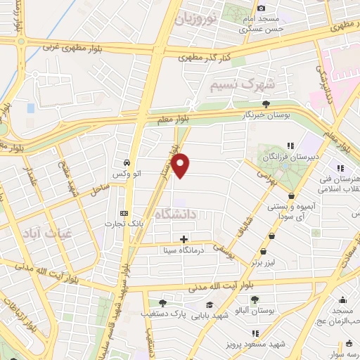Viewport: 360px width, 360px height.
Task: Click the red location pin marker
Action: [x=181, y=165]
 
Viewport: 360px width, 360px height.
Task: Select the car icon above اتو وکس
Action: [x=126, y=161]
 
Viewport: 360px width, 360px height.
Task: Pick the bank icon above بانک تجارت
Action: [x=124, y=213]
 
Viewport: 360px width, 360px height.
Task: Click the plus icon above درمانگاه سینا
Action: [x=184, y=239]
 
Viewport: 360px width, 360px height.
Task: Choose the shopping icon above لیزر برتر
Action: [x=263, y=251]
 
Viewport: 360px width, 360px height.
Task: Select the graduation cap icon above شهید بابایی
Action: [x=209, y=304]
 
